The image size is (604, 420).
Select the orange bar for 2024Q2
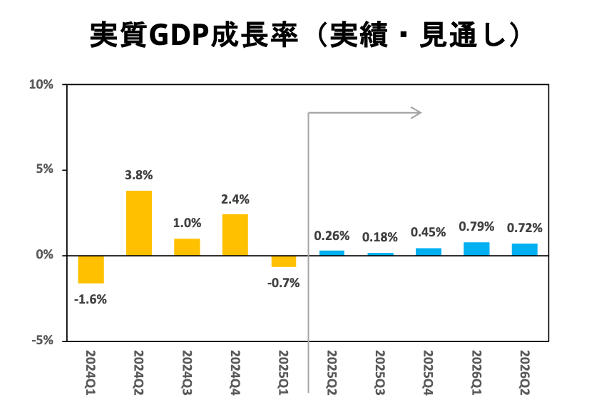click(x=139, y=223)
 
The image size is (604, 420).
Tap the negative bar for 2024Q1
click(x=91, y=269)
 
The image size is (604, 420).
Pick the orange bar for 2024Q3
click(x=187, y=247)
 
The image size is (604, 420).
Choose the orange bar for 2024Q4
click(x=235, y=235)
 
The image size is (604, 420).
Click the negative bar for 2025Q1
click(x=283, y=261)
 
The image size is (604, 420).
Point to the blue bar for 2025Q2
click(x=332, y=253)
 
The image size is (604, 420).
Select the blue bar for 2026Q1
click(x=476, y=249)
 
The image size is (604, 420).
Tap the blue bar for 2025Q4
click(x=428, y=251)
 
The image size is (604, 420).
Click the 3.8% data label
click(x=139, y=175)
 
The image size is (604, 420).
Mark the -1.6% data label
click(x=91, y=299)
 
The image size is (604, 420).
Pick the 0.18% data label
click(x=380, y=237)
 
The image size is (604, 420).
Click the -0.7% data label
click(x=283, y=282)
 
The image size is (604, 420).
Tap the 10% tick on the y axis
click(x=41, y=84)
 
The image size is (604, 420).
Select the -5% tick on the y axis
click(x=42, y=341)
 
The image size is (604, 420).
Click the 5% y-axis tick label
click(x=44, y=170)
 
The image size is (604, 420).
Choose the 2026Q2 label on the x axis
click(x=524, y=369)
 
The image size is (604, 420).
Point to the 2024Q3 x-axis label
click(x=187, y=369)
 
